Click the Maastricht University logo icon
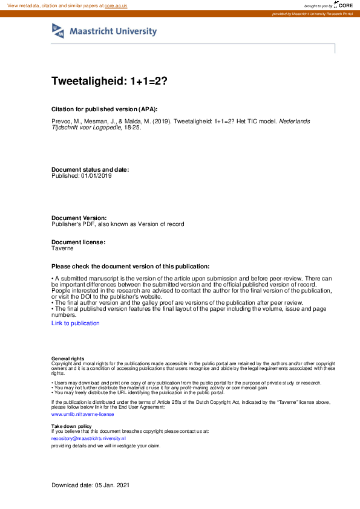(59, 31)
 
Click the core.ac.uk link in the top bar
(116, 5)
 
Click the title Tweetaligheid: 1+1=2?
(109, 82)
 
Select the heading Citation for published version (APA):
(104, 109)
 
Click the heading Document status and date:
(90, 170)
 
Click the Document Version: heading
(79, 218)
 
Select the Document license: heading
(79, 242)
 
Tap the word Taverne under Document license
(63, 248)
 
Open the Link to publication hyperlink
(76, 323)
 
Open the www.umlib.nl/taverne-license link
(82, 414)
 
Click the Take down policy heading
(71, 426)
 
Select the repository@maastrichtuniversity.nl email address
(88, 438)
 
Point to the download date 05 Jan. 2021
(112, 485)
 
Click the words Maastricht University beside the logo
(113, 31)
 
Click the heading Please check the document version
(130, 266)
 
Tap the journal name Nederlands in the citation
(295, 121)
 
